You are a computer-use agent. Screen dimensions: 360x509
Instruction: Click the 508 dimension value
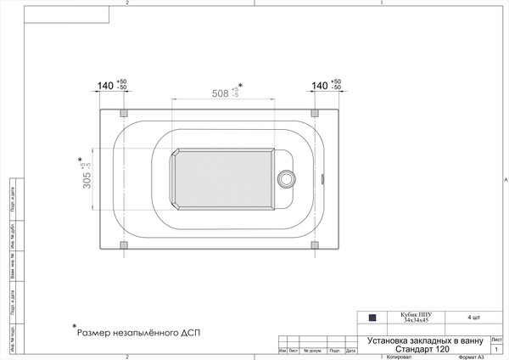click(x=220, y=94)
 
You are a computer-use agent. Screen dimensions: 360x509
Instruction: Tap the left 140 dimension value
click(x=106, y=86)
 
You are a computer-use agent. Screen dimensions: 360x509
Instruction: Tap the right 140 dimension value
click(x=319, y=86)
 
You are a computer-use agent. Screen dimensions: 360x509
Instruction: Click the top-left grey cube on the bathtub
click(x=125, y=112)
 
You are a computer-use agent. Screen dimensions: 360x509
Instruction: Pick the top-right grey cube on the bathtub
click(x=316, y=112)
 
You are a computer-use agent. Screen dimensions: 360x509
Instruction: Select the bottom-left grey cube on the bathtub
click(x=125, y=245)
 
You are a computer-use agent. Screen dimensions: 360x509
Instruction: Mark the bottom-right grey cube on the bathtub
click(x=316, y=245)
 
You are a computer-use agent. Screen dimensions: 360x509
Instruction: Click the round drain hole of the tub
click(x=287, y=178)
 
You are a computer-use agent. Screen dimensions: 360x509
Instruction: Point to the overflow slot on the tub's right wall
click(x=323, y=178)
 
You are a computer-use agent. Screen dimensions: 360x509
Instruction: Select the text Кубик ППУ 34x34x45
click(x=416, y=318)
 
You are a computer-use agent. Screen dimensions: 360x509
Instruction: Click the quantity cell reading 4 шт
click(x=472, y=318)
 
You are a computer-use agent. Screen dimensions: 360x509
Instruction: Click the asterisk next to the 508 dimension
click(x=240, y=86)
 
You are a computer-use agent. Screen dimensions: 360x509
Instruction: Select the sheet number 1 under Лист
click(x=495, y=348)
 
